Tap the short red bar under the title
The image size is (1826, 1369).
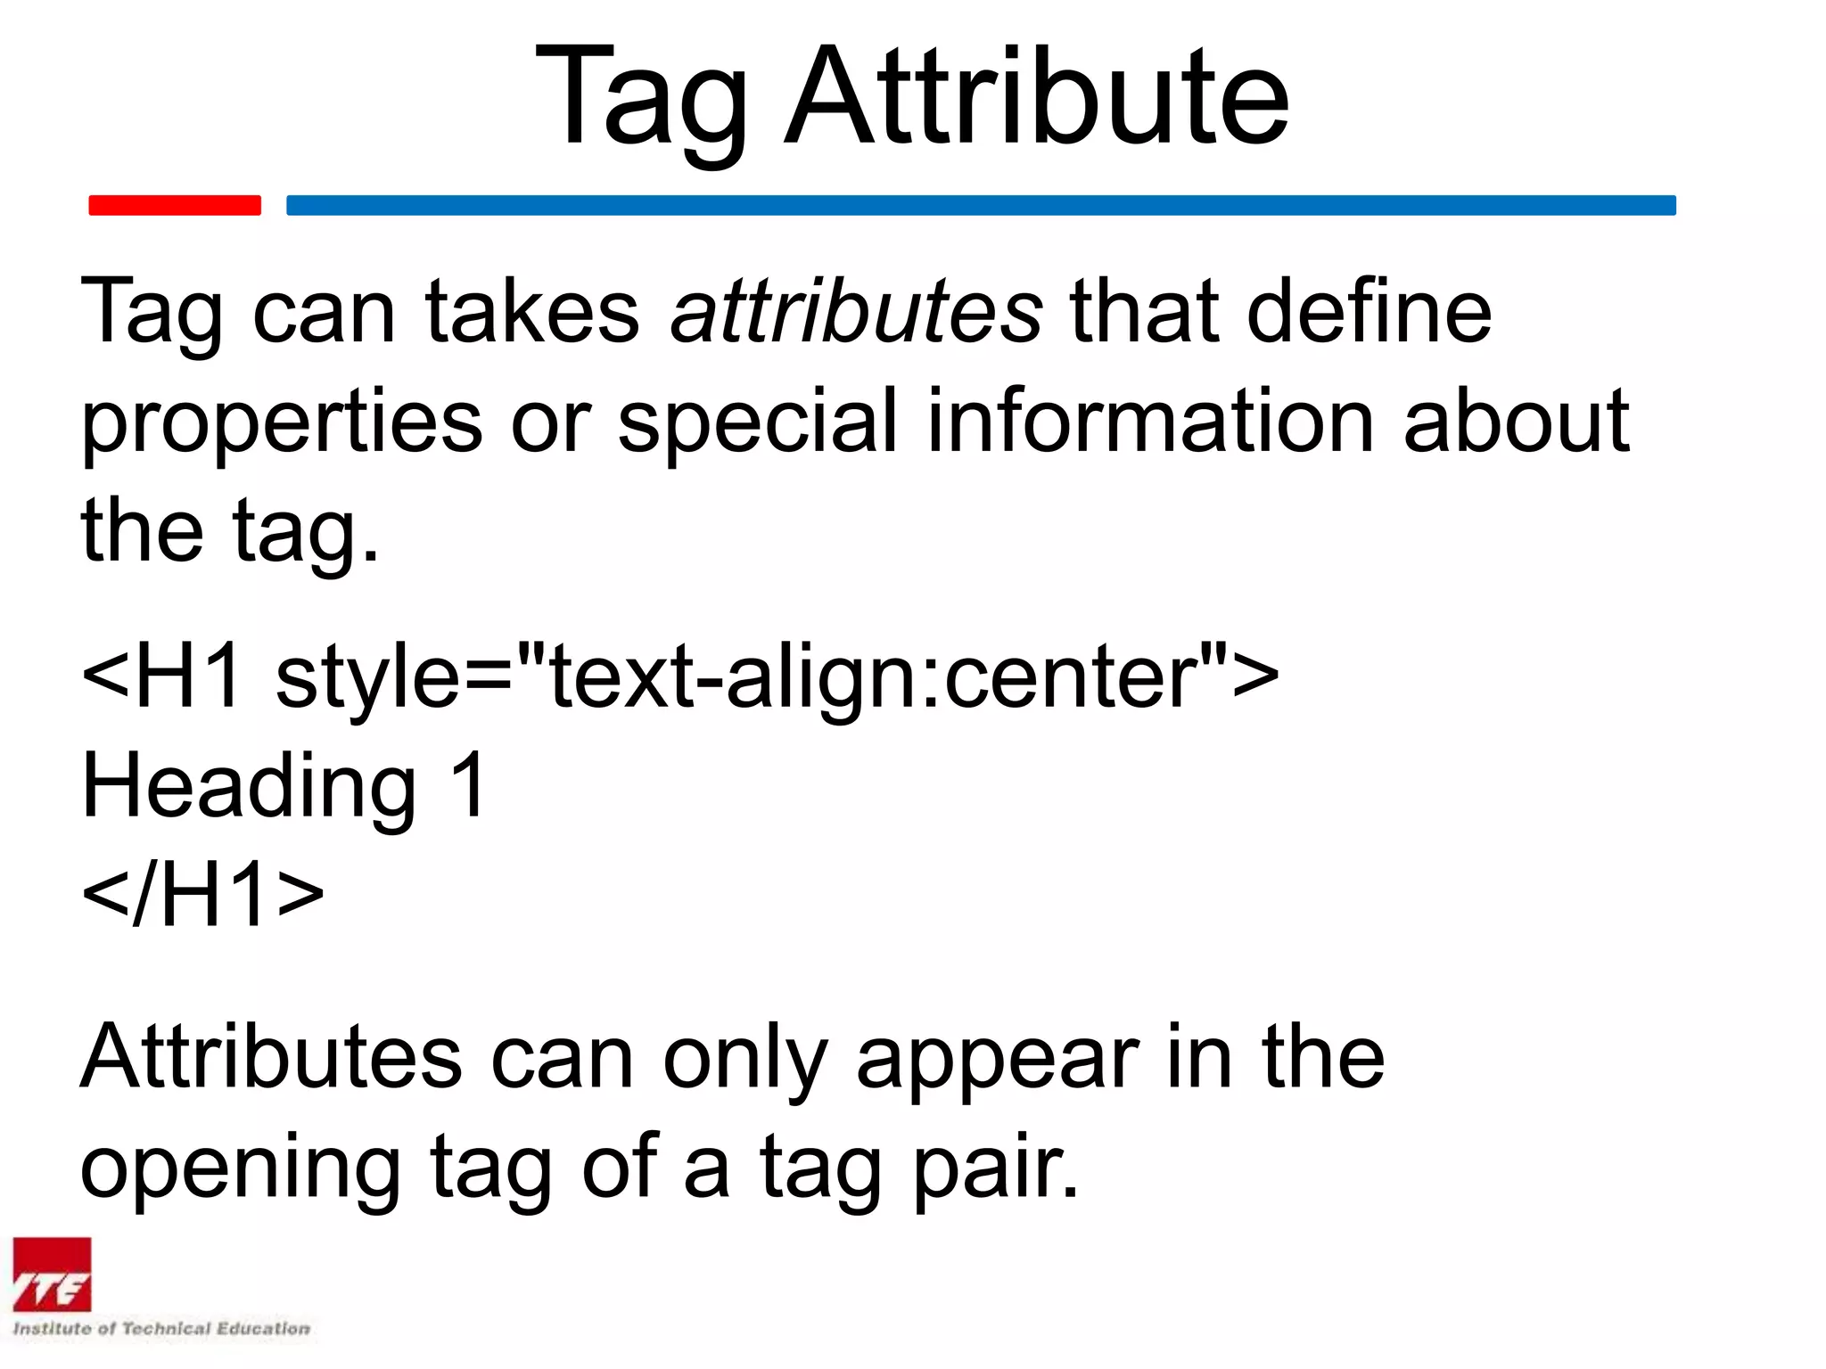tap(175, 205)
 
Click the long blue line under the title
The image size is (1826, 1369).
tap(981, 205)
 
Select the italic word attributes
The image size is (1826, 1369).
tap(857, 311)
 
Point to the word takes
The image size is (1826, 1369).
tap(532, 311)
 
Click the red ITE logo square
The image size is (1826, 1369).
tap(52, 1275)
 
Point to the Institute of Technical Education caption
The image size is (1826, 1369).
tap(161, 1329)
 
